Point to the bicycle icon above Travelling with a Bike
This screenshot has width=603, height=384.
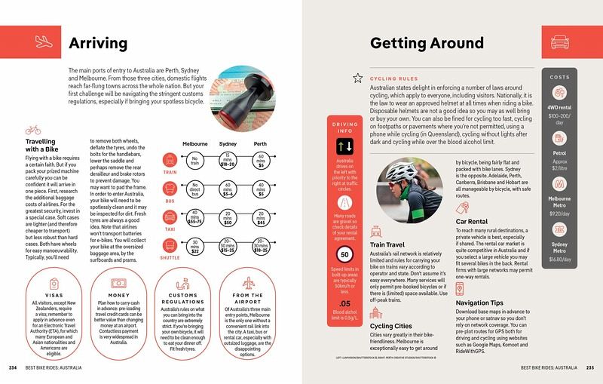[x=32, y=131]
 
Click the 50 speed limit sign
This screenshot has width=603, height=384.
[x=343, y=254]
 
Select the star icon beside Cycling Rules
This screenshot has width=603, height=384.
[x=358, y=77]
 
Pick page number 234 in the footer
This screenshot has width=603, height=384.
[x=13, y=367]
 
